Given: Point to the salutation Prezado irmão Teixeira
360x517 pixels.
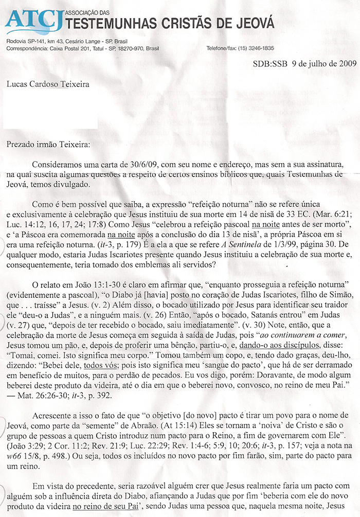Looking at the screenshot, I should (x=48, y=145).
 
